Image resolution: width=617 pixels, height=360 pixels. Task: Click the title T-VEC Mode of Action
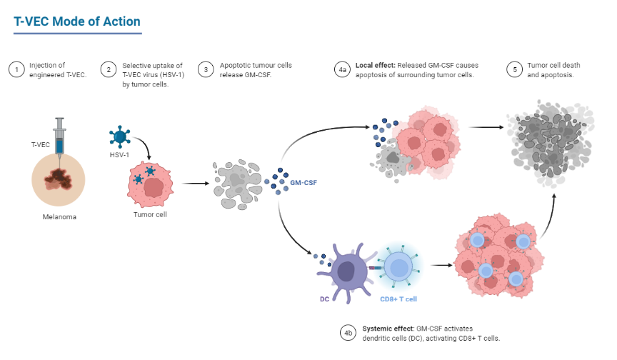click(x=77, y=21)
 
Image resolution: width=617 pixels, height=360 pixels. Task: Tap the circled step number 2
click(x=108, y=69)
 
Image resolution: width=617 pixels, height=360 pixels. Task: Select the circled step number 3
click(x=206, y=69)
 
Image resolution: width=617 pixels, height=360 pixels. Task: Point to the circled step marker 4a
click(x=342, y=69)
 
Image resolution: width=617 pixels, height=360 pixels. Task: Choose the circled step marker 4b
click(x=348, y=332)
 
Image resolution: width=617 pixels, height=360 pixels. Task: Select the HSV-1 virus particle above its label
click(x=119, y=135)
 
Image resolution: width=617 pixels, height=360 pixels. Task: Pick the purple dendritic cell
click(x=346, y=270)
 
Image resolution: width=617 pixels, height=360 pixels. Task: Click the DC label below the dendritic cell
click(x=324, y=299)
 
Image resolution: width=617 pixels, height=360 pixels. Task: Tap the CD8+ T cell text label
click(x=399, y=299)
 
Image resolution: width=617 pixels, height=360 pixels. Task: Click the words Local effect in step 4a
click(x=373, y=66)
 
